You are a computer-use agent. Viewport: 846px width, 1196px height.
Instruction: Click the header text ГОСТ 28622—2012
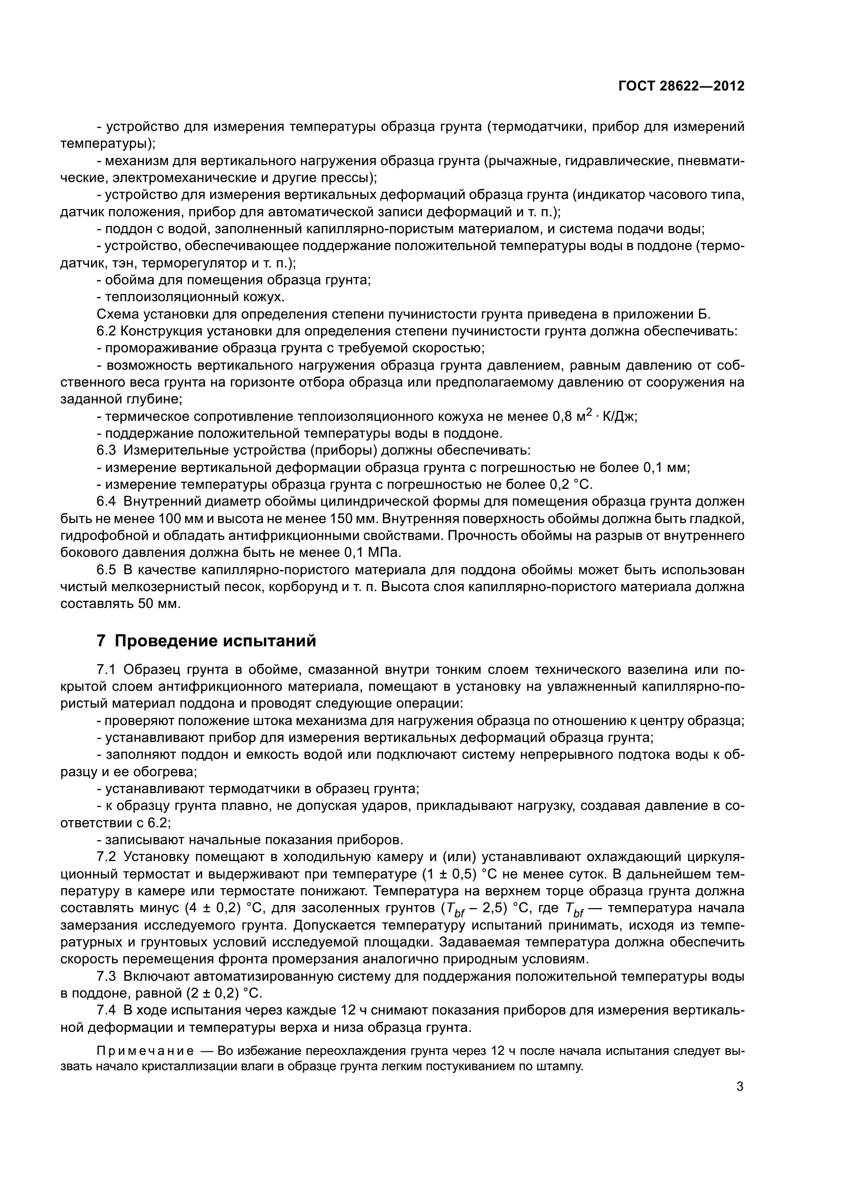[681, 86]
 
